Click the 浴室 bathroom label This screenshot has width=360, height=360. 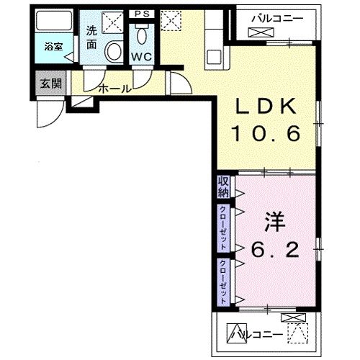coord(52,48)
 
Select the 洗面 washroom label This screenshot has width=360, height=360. coord(91,37)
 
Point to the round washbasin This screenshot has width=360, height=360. coord(114,51)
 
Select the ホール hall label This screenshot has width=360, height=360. coord(113,89)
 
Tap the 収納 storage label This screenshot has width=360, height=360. coord(222,186)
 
